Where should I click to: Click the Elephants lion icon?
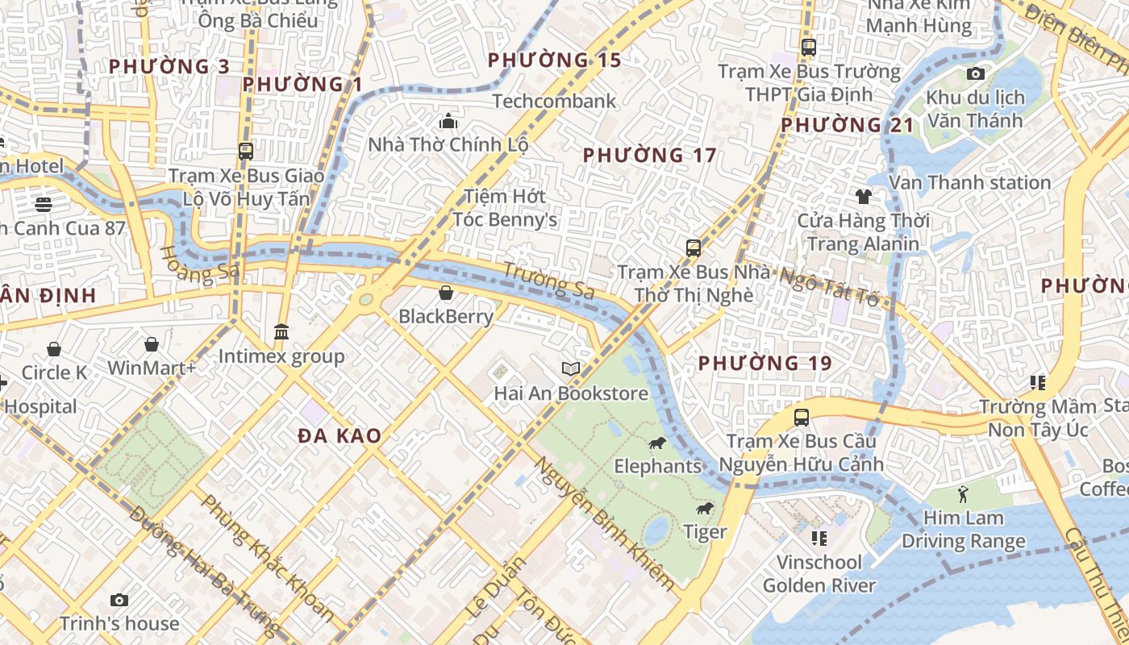657,443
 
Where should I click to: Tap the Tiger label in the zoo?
705,531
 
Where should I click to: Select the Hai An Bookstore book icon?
571,368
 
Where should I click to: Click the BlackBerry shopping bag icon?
445,293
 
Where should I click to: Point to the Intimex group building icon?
281,331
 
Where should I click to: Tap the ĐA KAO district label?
340,436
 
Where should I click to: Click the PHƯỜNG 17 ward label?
649,155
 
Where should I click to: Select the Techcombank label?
554,101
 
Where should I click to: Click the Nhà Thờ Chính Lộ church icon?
448,122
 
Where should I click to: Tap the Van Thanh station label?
969,182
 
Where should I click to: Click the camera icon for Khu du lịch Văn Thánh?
975,74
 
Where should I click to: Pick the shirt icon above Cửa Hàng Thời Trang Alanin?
863,196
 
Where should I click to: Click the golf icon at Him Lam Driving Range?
963,493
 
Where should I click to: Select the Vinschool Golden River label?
819,573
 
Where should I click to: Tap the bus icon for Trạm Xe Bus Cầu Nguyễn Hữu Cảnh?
801,418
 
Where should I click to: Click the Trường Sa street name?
548,281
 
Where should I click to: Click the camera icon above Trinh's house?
119,600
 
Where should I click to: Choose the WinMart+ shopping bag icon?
152,345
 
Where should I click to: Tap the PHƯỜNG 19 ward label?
764,364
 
